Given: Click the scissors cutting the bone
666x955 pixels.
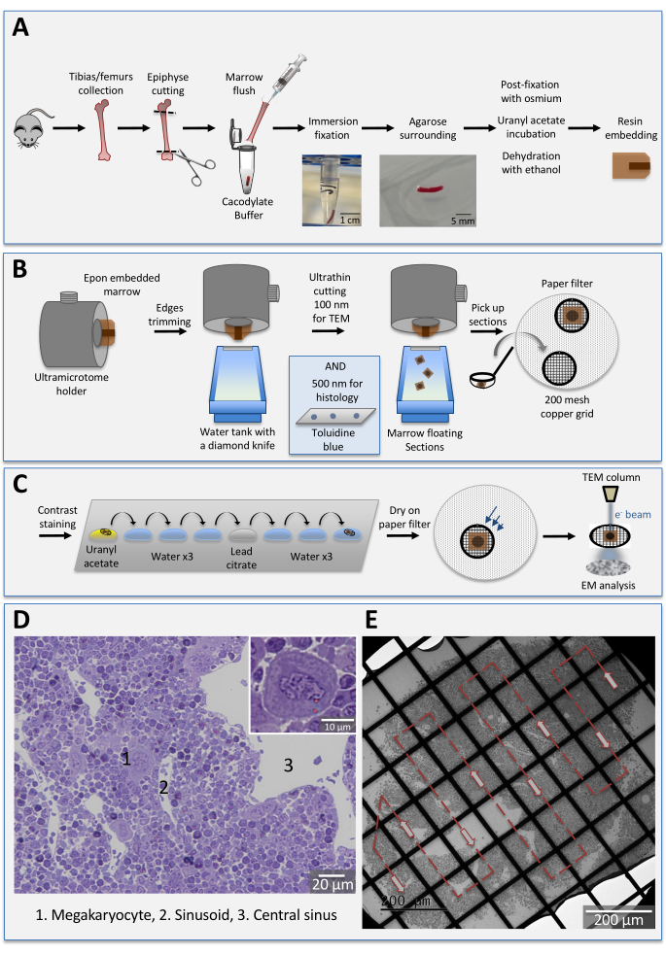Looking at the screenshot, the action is tap(195, 166).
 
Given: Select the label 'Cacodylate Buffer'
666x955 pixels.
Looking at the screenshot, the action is tap(247, 208).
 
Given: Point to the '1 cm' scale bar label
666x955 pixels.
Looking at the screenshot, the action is tap(350, 220).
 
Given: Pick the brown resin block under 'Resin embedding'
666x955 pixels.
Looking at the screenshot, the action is tap(631, 166).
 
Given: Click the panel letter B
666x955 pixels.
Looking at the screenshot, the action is tap(19, 268).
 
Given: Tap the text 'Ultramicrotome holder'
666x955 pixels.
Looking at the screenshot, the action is tap(71, 384).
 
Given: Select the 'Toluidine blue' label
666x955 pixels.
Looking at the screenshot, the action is tap(333, 440).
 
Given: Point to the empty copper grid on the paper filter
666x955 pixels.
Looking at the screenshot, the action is tap(559, 368).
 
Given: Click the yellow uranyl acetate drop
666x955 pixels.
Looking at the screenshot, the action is tap(104, 534).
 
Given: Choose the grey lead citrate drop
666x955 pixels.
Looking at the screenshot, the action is tap(242, 534).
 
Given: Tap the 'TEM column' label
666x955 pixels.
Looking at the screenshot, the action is tap(612, 478).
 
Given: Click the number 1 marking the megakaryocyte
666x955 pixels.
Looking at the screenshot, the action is tap(126, 759).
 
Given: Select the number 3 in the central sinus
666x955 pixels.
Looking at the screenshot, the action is tap(288, 766).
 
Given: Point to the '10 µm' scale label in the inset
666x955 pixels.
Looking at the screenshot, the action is tap(337, 728).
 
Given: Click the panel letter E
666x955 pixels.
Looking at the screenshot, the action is tap(371, 620).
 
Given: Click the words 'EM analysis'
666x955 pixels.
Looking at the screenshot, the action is tap(608, 585).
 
